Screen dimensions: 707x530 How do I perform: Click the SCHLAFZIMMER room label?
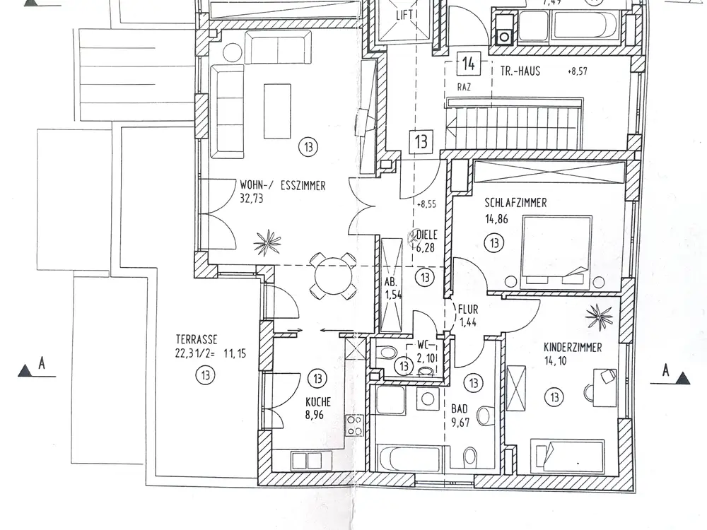tap(515, 204)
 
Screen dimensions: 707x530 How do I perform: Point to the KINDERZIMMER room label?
tap(573, 347)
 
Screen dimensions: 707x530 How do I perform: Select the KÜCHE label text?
tap(318, 402)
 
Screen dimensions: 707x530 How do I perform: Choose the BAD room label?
tap(460, 408)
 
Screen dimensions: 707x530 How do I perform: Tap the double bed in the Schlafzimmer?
tap(556, 252)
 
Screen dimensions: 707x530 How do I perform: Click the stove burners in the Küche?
tap(354, 426)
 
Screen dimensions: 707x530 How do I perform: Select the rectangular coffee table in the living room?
tap(276, 111)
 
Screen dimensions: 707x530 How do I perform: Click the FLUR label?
tap(468, 309)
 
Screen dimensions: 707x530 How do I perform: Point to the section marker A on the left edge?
tap(35, 367)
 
